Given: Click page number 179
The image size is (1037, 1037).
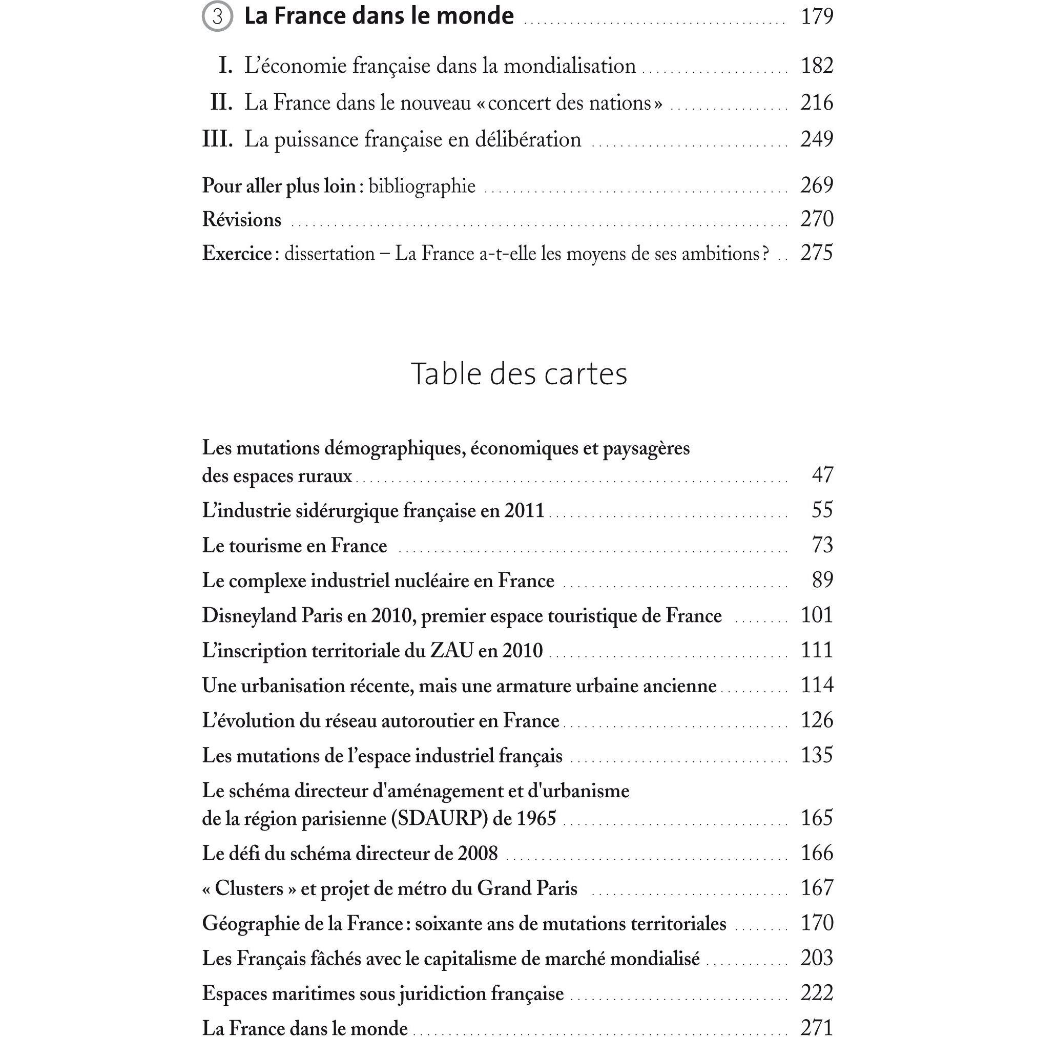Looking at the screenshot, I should pos(816,16).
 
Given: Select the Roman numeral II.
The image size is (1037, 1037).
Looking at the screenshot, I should pos(221,102).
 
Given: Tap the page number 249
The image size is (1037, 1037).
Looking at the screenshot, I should pos(816,139).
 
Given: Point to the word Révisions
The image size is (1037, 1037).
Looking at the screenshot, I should pos(241,219).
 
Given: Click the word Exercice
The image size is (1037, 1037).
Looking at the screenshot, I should pos(237,253).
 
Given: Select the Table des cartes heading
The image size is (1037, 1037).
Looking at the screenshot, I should pos(518,374).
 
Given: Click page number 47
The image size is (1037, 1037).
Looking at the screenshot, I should pos(822,475).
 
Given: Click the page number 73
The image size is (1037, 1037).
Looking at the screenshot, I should pos(822,545).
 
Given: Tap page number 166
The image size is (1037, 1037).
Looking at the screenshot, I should pos(816,854).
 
